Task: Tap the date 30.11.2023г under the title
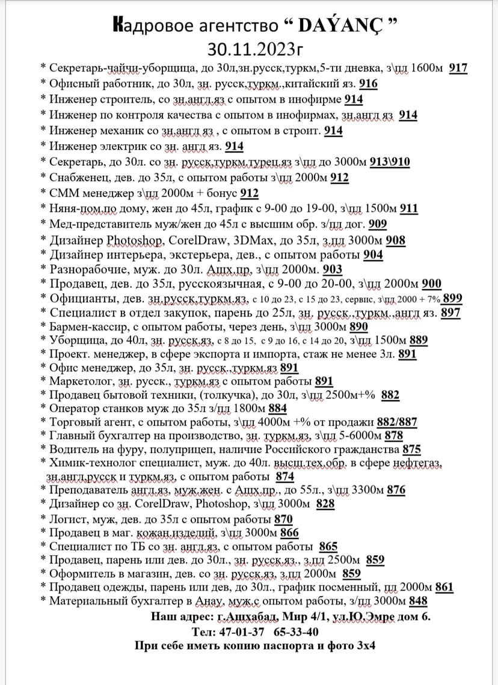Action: point(249,47)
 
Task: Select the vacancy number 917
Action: point(458,68)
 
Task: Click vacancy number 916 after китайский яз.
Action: point(368,84)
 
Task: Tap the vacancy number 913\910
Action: point(390,162)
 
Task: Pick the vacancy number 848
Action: point(418,601)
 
